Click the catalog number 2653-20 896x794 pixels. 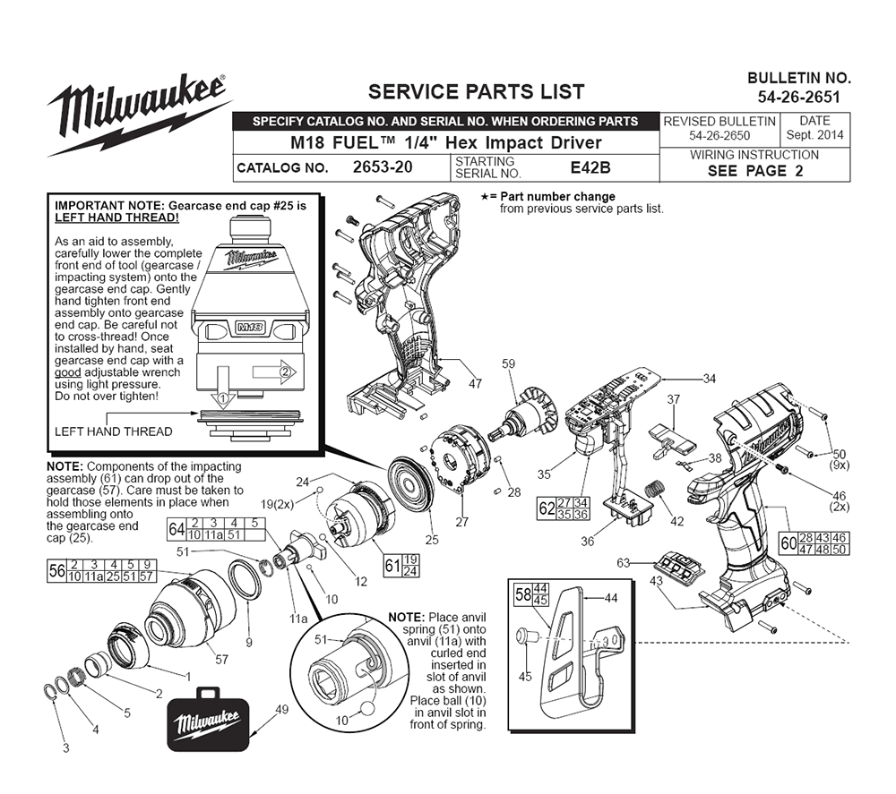click(383, 167)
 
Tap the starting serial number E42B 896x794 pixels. click(590, 167)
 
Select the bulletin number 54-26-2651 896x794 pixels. click(799, 97)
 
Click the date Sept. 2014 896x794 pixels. click(814, 135)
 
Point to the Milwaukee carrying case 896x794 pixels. click(208, 719)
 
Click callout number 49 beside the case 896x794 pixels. click(281, 710)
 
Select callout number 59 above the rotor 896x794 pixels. click(508, 363)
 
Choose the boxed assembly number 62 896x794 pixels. click(547, 508)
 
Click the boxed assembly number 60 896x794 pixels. click(788, 542)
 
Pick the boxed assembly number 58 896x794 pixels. click(523, 594)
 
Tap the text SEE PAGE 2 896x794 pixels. click(754, 171)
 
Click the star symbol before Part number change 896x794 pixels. click(485, 197)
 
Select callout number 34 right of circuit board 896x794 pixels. click(709, 379)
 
